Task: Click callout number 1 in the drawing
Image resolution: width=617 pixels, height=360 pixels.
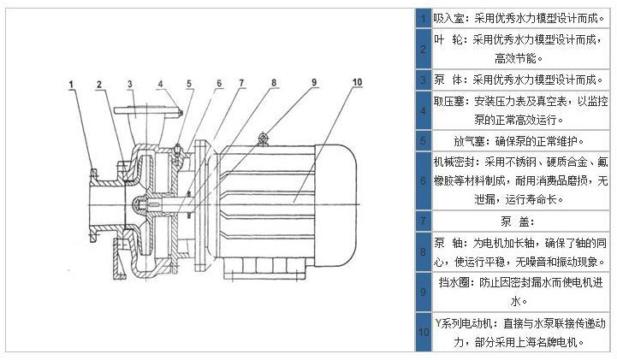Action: (73, 84)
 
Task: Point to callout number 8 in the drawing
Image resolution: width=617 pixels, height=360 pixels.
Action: (273, 83)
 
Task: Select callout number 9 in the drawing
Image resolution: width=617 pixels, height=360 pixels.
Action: (313, 82)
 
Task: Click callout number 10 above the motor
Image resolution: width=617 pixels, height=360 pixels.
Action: (355, 82)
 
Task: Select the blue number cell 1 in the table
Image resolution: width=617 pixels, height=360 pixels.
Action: (423, 17)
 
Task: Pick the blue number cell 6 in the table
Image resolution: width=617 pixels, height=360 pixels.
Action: (423, 181)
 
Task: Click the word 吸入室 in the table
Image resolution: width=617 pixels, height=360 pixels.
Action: (448, 17)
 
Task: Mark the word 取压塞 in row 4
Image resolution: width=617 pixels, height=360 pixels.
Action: (448, 100)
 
